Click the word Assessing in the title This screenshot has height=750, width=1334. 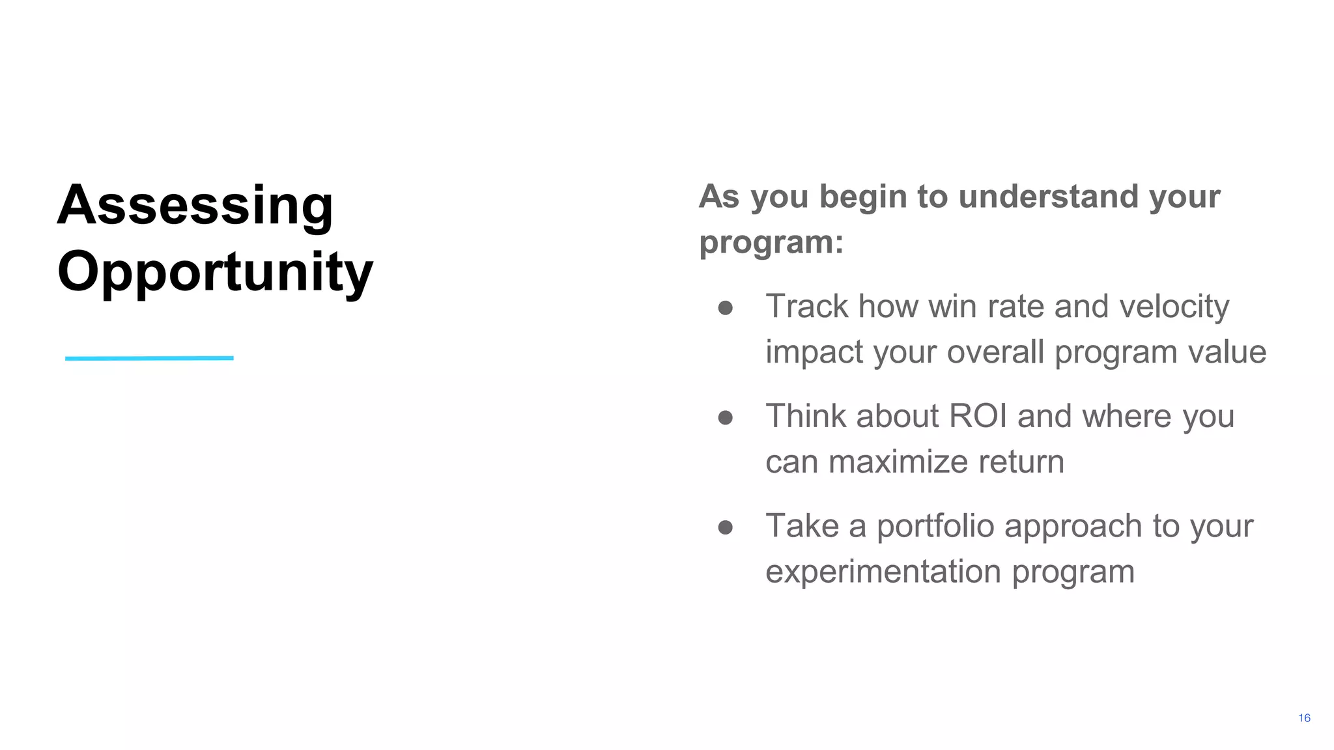[195, 206]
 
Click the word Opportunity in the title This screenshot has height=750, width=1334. [215, 272]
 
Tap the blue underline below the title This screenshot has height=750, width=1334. [149, 358]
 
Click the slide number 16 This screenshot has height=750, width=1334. [1304, 718]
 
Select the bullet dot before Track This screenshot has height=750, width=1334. [726, 308]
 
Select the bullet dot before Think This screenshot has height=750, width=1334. [726, 417]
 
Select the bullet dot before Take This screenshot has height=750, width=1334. [726, 527]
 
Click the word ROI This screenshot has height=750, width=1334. [978, 416]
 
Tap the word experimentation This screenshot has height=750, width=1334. [883, 572]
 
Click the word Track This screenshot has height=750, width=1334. [806, 307]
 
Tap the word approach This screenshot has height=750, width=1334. [1073, 527]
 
